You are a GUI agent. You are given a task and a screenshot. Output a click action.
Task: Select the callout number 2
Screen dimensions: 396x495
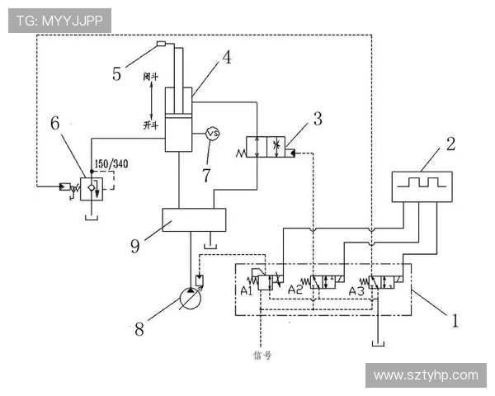(x=450, y=144)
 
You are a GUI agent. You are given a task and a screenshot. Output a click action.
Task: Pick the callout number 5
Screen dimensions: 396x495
(x=118, y=73)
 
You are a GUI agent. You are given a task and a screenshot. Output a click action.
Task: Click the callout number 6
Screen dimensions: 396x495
(x=54, y=123)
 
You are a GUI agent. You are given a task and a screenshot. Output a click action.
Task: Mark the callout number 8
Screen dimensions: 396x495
(x=139, y=328)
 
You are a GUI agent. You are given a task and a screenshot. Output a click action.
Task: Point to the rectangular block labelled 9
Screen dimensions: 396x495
(x=195, y=220)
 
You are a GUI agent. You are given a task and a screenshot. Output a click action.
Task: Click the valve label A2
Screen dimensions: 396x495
(x=295, y=290)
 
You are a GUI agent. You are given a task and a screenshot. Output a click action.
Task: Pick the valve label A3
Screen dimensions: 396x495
(x=356, y=290)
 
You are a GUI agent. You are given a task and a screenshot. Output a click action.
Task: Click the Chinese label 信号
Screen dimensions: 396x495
(x=262, y=356)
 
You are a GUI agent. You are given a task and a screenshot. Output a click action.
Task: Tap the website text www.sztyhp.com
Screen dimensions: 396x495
(x=426, y=375)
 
